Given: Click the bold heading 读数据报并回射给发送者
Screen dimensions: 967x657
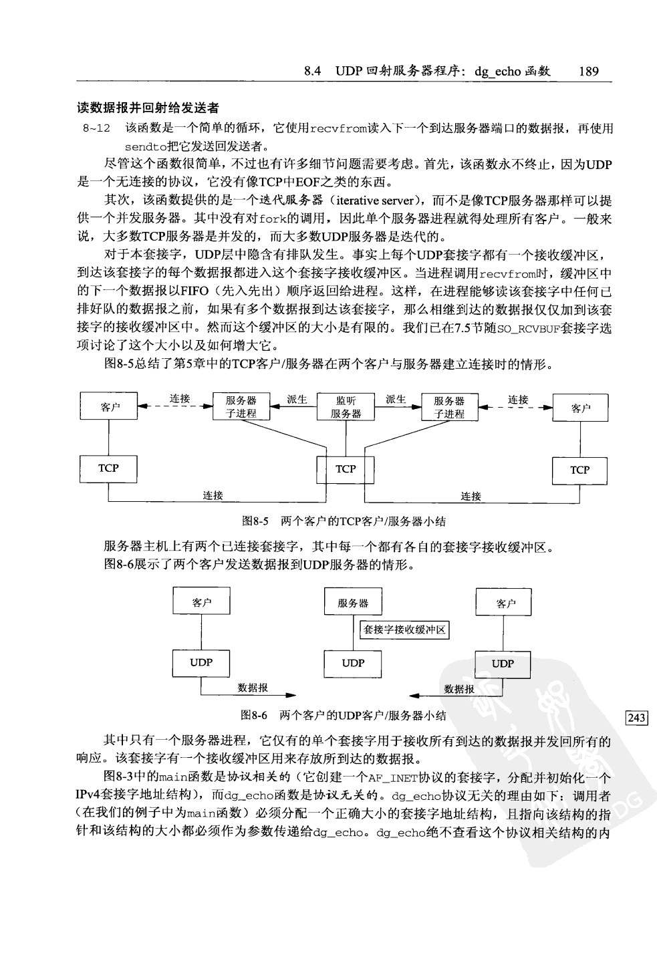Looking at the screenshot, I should point(148,108).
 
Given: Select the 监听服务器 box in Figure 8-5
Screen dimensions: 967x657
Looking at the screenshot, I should point(346,407).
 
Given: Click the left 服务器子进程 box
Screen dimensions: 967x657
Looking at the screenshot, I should point(241,407).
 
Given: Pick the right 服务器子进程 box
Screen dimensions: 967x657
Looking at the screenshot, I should point(449,407).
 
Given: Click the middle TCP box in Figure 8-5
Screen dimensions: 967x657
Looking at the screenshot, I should point(346,469).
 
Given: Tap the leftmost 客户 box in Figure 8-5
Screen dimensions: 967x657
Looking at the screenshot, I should point(108,407).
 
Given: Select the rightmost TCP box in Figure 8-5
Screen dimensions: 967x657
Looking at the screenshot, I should point(579,470).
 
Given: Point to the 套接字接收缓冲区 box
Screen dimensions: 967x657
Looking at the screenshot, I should point(404,630).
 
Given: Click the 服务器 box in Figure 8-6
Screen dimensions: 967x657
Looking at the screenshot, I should point(353,603).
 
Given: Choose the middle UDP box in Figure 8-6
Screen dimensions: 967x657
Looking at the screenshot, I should point(353,663).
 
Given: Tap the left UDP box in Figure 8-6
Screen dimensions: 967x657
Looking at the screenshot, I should point(201,662).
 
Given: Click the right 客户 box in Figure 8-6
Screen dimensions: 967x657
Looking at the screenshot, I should point(505,603).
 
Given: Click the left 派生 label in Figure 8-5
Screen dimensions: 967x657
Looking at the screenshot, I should point(297,399).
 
